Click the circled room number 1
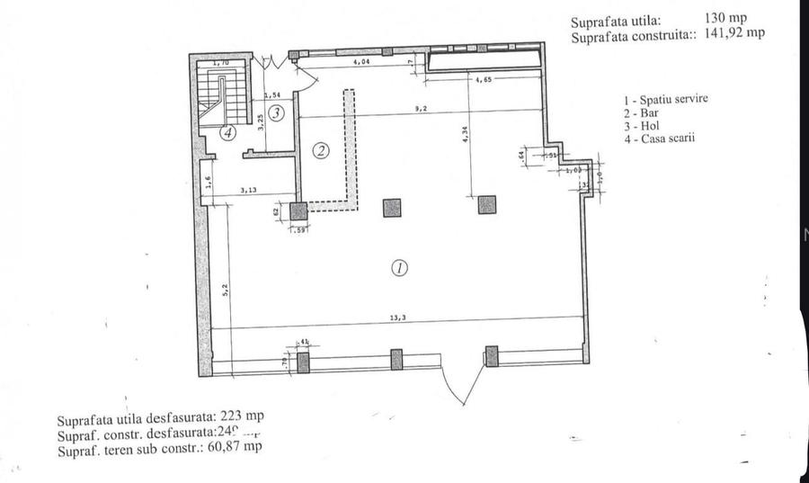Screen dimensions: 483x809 click(x=399, y=267)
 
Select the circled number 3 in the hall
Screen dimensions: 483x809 click(x=278, y=113)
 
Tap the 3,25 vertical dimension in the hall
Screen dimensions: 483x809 click(x=260, y=122)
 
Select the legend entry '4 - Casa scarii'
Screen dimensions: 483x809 click(x=662, y=139)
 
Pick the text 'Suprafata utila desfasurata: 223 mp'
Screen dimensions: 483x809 click(x=159, y=416)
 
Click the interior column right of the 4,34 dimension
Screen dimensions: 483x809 click(x=486, y=206)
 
